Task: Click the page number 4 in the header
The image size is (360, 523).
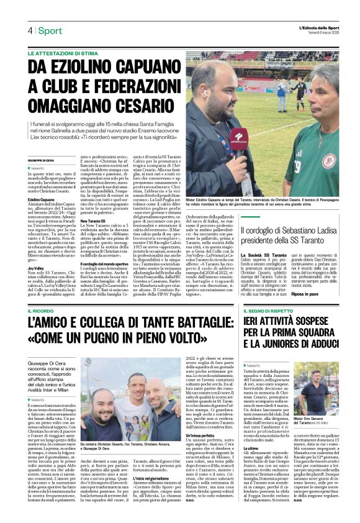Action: [x=29, y=30]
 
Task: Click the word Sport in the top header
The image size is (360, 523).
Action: [x=50, y=30]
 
